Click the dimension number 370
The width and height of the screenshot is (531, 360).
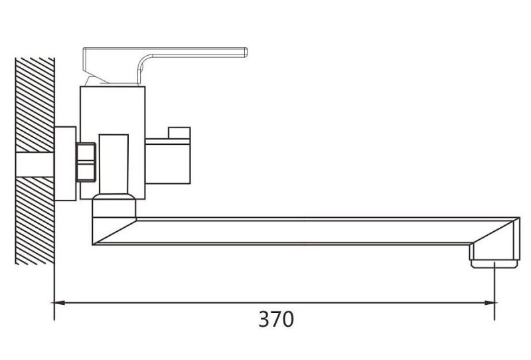(276, 319)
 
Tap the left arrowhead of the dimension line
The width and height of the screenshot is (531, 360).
(60, 303)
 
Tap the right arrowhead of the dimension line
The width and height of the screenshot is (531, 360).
(489, 303)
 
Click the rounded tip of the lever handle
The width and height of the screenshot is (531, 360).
(246, 52)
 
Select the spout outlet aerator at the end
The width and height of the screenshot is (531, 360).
(494, 264)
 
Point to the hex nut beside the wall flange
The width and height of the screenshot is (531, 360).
(86, 162)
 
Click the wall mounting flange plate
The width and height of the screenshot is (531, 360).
(65, 164)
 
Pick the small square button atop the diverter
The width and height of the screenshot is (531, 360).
(179, 133)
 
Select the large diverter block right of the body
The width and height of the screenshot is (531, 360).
(168, 161)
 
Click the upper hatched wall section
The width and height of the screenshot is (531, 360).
(35, 105)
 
